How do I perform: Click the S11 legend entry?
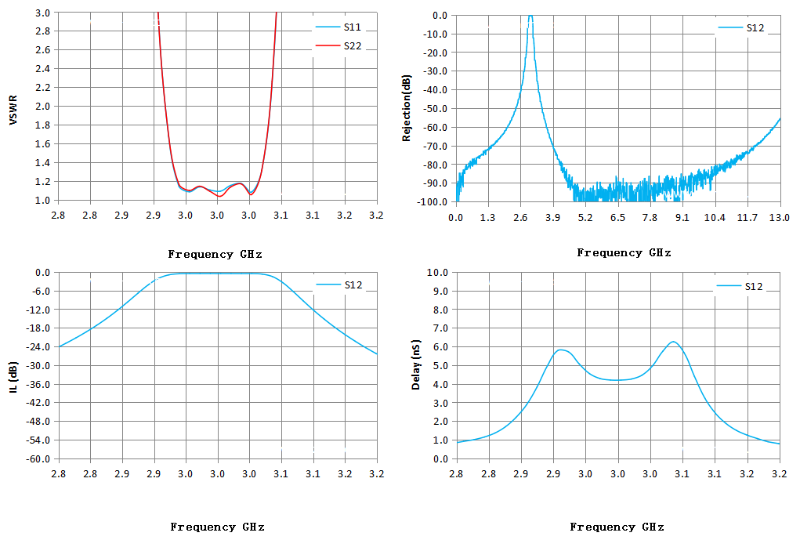pos(338,27)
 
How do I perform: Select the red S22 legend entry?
pos(338,46)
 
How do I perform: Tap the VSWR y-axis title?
pos(13,110)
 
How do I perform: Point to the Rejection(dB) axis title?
pos(407,108)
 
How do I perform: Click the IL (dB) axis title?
pos(13,377)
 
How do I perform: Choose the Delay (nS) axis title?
pos(416,364)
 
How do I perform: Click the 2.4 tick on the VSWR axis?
pos(42,68)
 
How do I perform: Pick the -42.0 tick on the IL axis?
pos(38,403)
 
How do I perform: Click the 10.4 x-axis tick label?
pos(715,218)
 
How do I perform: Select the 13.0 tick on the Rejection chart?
pos(780,218)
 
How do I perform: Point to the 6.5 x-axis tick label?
pos(617,218)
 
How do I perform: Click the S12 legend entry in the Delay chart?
pos(740,286)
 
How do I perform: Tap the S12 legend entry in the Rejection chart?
pos(741,28)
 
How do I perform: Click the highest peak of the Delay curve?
pos(674,342)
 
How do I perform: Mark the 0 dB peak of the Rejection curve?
pos(530,16)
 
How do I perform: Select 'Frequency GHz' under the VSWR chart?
pos(215,254)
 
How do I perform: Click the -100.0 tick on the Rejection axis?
pos(433,202)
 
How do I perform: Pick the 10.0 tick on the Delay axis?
pos(438,273)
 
